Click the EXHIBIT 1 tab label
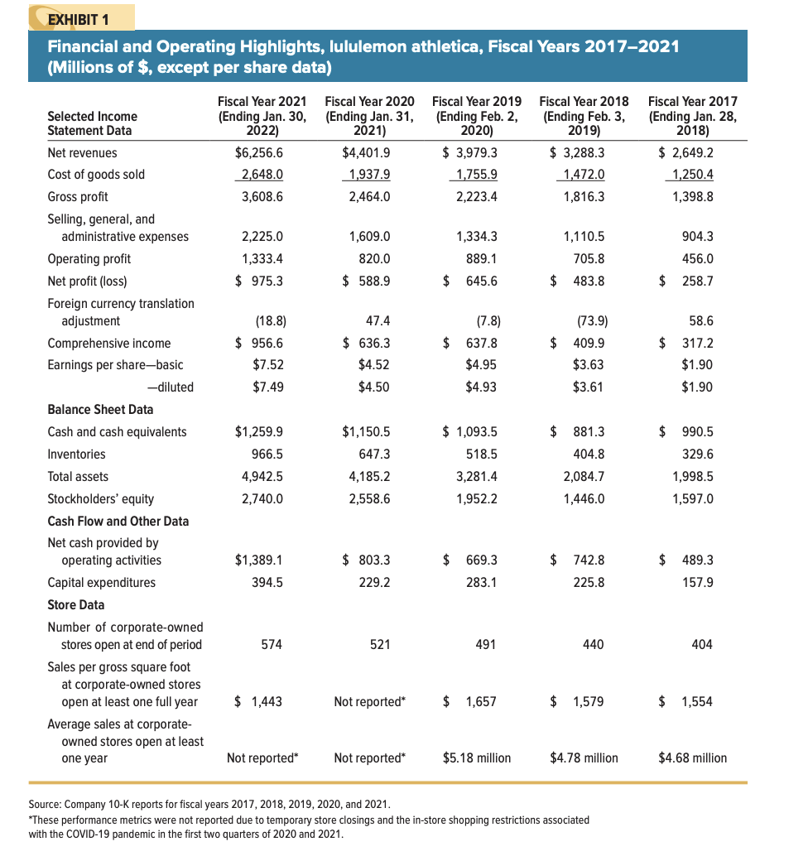pyautogui.click(x=79, y=17)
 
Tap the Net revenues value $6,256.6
pyautogui.click(x=259, y=152)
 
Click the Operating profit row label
pyautogui.click(x=89, y=258)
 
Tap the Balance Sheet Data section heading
pyautogui.click(x=100, y=409)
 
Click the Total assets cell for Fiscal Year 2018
pyautogui.click(x=583, y=476)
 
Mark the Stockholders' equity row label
pyautogui.click(x=100, y=498)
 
